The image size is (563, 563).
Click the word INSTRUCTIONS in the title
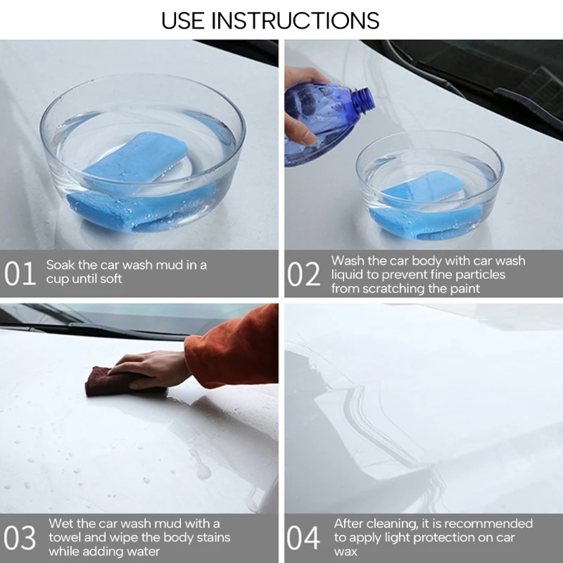pos(295,20)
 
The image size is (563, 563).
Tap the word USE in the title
pos(182,20)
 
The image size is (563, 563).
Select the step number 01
pos(20,274)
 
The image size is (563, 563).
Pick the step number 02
pos(303,274)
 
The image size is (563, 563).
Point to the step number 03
pos(20,538)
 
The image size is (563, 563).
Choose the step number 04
pos(303,538)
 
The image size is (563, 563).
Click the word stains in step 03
pos(213,538)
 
